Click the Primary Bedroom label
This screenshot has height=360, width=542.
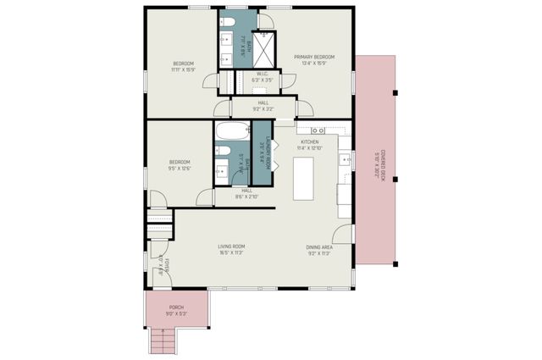click(x=314, y=58)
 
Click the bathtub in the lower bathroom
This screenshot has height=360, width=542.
click(x=230, y=134)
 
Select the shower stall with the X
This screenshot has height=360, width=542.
click(x=265, y=47)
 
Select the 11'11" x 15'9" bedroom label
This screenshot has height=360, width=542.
click(x=184, y=67)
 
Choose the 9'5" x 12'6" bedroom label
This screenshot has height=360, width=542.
click(x=179, y=164)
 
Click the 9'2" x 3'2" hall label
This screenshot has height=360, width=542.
click(x=263, y=106)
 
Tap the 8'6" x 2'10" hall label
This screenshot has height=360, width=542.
click(x=246, y=193)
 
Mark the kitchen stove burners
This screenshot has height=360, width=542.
click(x=318, y=130)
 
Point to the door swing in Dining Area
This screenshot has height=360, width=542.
click(x=343, y=235)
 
